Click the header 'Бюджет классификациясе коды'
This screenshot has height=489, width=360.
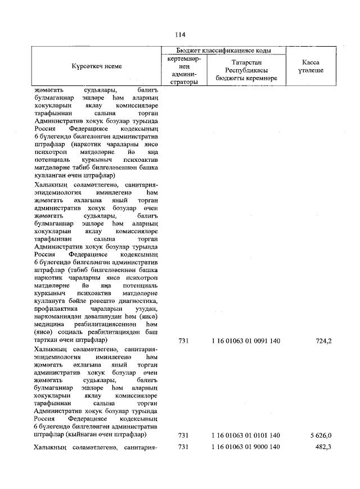tap(223, 51)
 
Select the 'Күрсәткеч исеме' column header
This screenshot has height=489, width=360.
tap(96, 66)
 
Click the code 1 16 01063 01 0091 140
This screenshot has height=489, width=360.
tap(246, 340)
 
